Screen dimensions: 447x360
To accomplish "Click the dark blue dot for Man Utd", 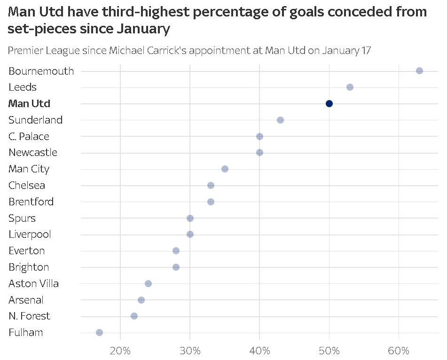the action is [329, 103].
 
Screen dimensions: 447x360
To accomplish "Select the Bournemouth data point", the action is [419, 70].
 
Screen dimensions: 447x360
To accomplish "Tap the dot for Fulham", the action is [99, 332].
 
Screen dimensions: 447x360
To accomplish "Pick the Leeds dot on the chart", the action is [350, 87].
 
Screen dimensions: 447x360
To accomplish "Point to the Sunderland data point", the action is [280, 120].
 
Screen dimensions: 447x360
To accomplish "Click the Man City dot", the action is [225, 169].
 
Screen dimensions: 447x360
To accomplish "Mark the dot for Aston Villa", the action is [148, 283].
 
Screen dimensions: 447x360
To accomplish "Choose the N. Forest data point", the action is [134, 316].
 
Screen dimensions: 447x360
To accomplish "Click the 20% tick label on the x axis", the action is [120, 350].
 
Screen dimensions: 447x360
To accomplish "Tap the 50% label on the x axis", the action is [329, 350].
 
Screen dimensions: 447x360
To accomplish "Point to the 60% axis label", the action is [399, 350].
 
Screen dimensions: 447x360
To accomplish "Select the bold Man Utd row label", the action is [29, 103].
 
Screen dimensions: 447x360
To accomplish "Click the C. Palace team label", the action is [29, 136].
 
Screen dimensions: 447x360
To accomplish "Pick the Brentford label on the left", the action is [31, 202].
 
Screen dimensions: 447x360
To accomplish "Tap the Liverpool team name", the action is [30, 235].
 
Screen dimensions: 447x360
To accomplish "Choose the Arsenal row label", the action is [26, 300].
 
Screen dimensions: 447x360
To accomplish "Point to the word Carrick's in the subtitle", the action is [169, 50].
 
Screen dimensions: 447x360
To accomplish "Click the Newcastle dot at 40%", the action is [259, 152].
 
